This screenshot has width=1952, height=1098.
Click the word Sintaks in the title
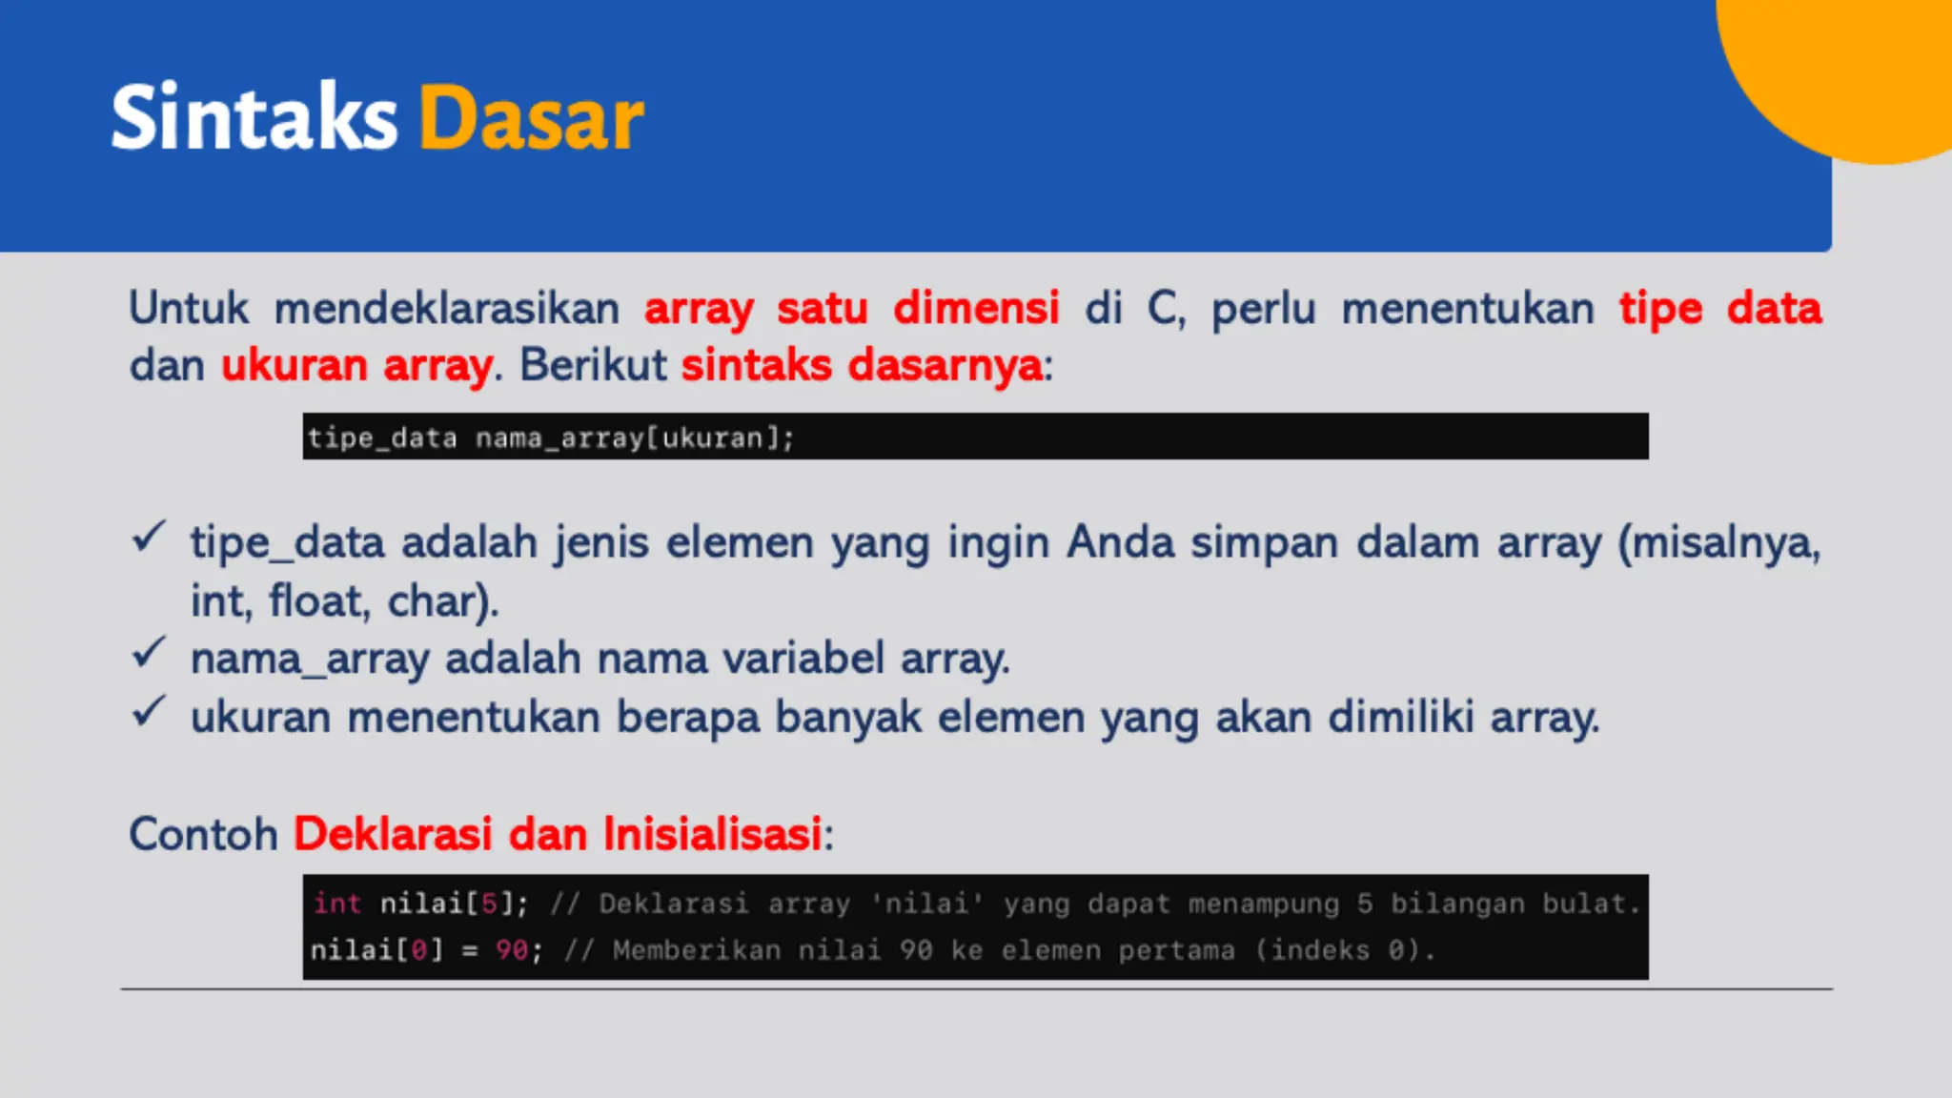[254, 118]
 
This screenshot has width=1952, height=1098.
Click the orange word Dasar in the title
[532, 118]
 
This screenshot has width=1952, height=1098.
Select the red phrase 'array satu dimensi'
[851, 308]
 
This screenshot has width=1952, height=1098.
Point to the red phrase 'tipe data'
[1720, 308]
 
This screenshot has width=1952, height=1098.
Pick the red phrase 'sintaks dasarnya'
[863, 365]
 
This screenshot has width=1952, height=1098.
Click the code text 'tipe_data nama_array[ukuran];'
[550, 437]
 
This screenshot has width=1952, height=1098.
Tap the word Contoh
[203, 834]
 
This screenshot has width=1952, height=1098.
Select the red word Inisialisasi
[712, 834]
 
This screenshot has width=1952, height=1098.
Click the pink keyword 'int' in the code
[337, 903]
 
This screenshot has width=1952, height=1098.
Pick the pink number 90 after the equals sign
[512, 950]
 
